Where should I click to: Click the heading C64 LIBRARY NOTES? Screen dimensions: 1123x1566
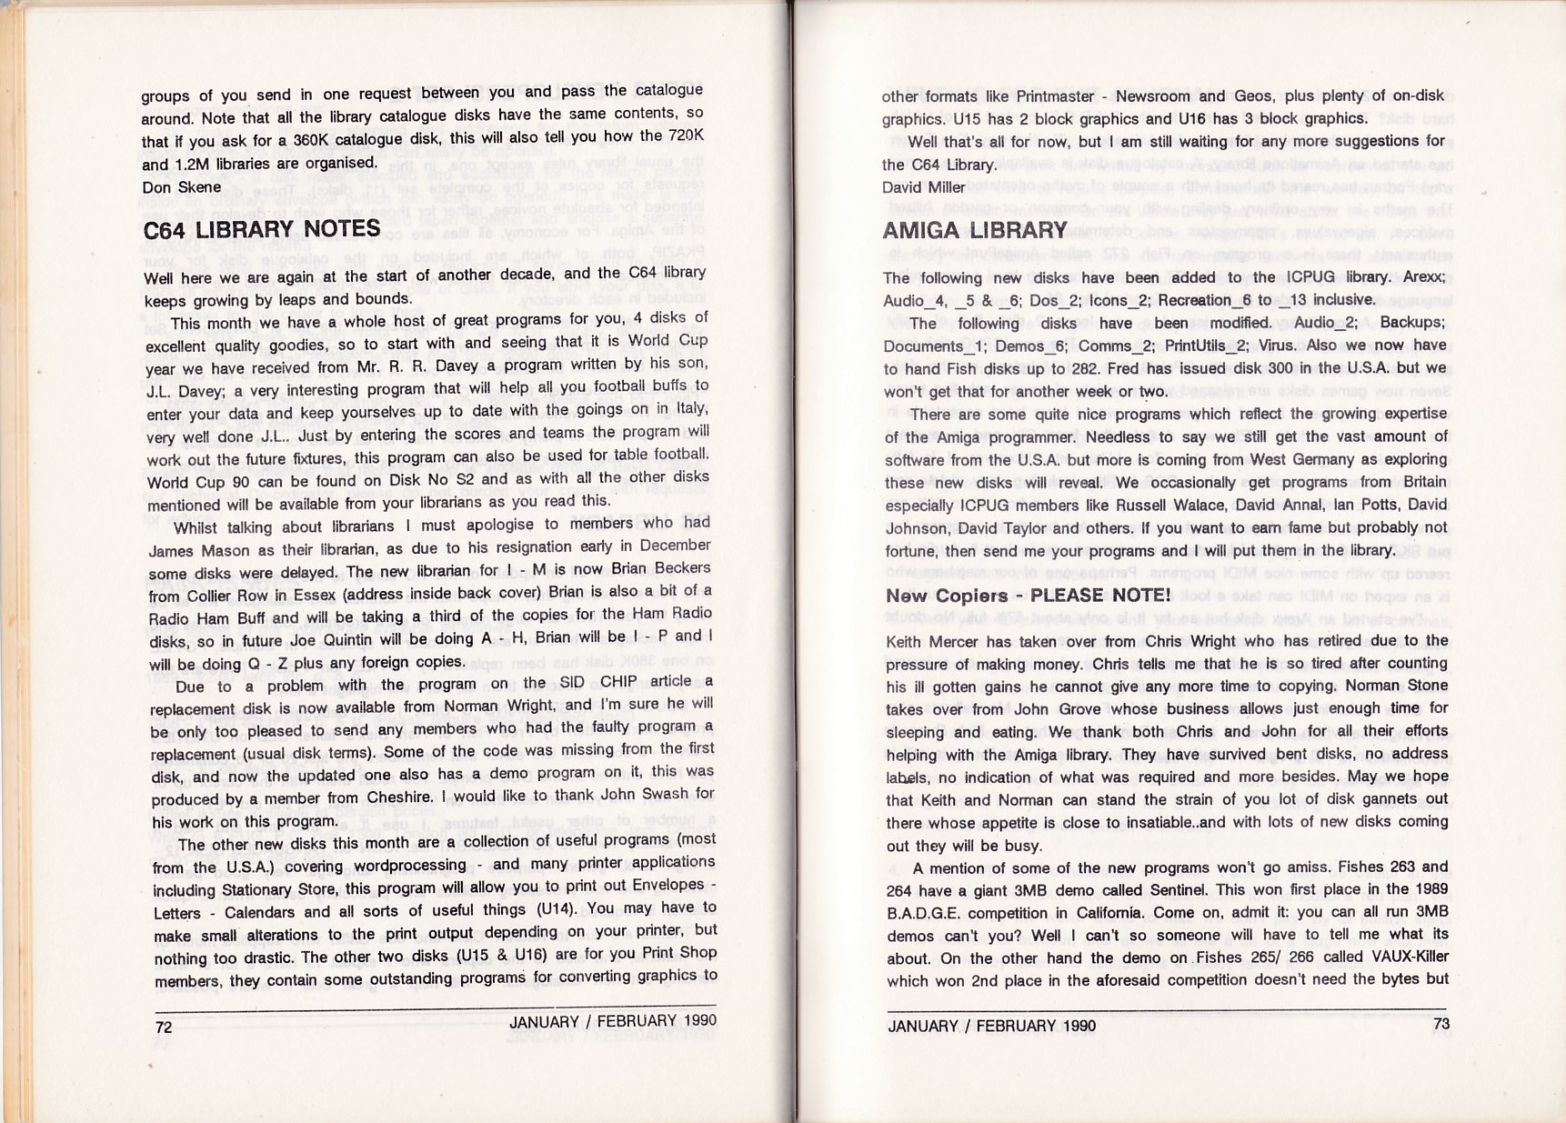coord(262,229)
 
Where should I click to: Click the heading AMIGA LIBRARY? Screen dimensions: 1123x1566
coord(974,230)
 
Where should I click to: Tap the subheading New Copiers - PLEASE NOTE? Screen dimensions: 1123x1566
coord(1028,596)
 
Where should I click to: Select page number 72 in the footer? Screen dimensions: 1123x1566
coord(164,1028)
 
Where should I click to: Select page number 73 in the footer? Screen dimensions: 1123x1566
coord(1441,1024)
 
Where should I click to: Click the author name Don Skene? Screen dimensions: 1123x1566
coord(182,187)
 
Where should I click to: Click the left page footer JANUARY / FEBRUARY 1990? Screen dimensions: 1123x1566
coord(612,1021)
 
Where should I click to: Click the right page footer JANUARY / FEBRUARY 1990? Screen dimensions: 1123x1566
coord(991,1026)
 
